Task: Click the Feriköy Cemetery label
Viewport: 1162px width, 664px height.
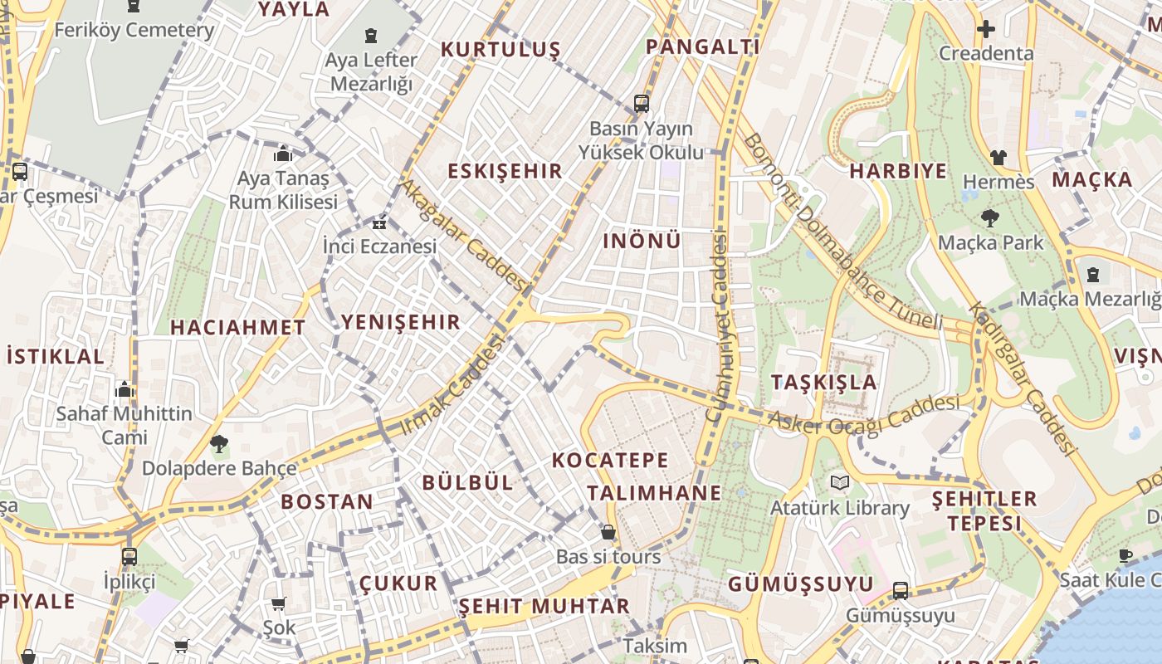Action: click(134, 31)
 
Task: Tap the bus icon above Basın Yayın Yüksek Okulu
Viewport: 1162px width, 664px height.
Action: click(641, 104)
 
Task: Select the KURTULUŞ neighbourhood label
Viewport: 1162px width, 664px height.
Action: click(500, 49)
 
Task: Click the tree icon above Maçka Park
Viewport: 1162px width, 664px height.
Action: click(989, 218)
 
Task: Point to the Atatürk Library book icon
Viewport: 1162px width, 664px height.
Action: click(840, 482)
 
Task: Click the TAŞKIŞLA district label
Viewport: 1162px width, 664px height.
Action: click(823, 382)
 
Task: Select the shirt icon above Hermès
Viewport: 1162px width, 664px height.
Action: click(998, 157)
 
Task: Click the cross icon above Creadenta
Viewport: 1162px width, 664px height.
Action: click(985, 30)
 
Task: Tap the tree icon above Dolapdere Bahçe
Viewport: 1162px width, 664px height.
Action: click(218, 444)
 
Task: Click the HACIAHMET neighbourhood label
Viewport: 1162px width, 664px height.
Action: click(238, 328)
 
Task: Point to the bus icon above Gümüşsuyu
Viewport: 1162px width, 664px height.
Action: click(900, 591)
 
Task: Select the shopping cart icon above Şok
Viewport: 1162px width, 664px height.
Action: click(278, 603)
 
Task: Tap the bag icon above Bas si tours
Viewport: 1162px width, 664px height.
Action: click(608, 532)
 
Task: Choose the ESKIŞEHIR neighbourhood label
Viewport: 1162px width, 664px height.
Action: click(505, 172)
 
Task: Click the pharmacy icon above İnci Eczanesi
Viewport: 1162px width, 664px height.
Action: click(379, 223)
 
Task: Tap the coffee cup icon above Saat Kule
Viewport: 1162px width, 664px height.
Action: click(1125, 555)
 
